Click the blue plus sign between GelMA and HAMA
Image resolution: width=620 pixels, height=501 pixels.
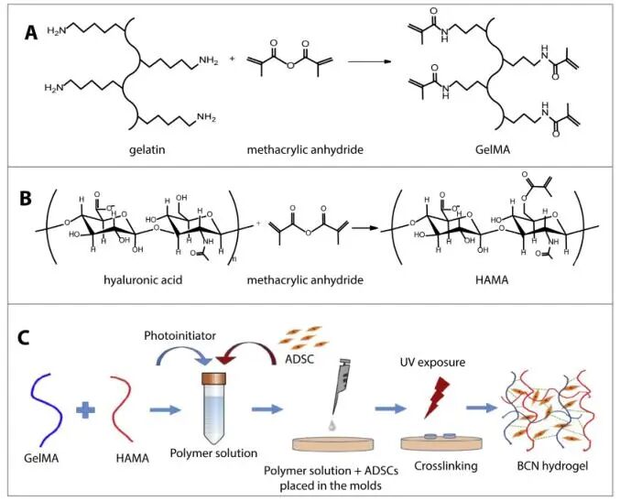(x=85, y=409)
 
